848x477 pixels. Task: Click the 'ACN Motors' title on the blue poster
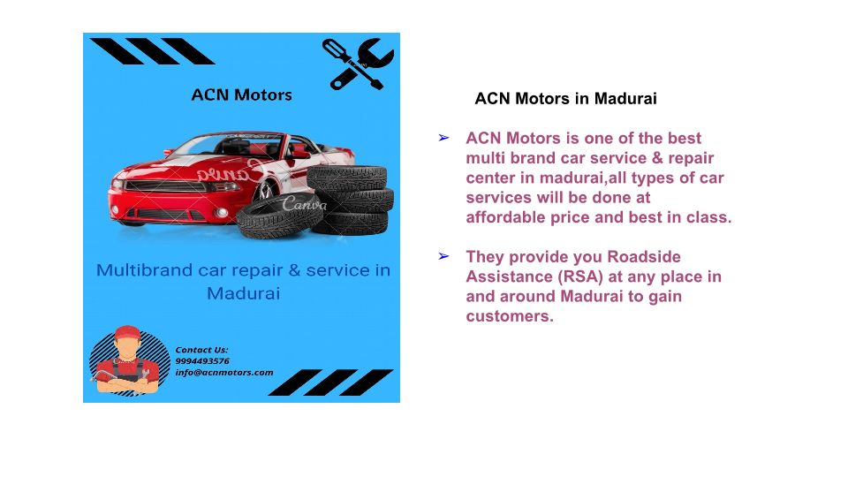[x=241, y=95]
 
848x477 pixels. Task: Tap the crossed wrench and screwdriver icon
[x=358, y=64]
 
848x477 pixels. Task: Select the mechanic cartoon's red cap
[x=127, y=332]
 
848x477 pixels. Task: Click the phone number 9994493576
[x=202, y=360]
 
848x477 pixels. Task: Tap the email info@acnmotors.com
[x=223, y=372]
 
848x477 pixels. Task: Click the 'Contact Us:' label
[x=201, y=350]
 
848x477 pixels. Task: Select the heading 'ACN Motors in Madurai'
[x=565, y=98]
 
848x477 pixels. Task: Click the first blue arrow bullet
[x=443, y=139]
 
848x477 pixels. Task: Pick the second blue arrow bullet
[x=443, y=256]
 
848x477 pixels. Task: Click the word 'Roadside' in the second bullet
[x=644, y=256]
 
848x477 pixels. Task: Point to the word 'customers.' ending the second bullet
[x=510, y=316]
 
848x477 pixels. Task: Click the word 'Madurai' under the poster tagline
[x=244, y=293]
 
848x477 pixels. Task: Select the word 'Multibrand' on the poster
[x=144, y=270]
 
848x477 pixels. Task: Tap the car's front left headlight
[x=117, y=185]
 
